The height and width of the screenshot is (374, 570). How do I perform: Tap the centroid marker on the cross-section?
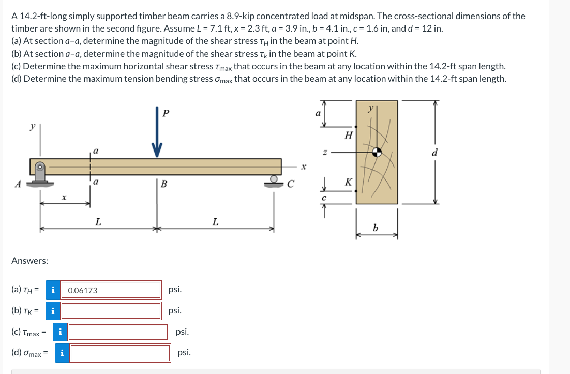coord(378,152)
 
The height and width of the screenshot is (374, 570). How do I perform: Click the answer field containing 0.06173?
coord(111,290)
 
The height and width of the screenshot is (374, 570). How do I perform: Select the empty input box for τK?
coord(111,311)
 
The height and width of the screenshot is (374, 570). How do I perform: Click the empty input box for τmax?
coord(118,332)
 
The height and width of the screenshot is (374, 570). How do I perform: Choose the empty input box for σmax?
coord(120,353)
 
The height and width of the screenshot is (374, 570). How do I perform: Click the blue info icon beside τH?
coord(52,290)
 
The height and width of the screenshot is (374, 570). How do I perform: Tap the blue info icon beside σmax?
coord(62,353)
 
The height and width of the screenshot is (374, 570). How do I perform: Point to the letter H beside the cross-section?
coord(348,136)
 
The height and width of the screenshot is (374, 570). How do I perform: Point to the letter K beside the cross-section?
coord(348,182)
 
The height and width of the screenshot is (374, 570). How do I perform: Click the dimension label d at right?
coord(434,153)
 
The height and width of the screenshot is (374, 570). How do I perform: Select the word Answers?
coord(29,261)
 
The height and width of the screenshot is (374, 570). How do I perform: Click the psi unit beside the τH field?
coord(175,290)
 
